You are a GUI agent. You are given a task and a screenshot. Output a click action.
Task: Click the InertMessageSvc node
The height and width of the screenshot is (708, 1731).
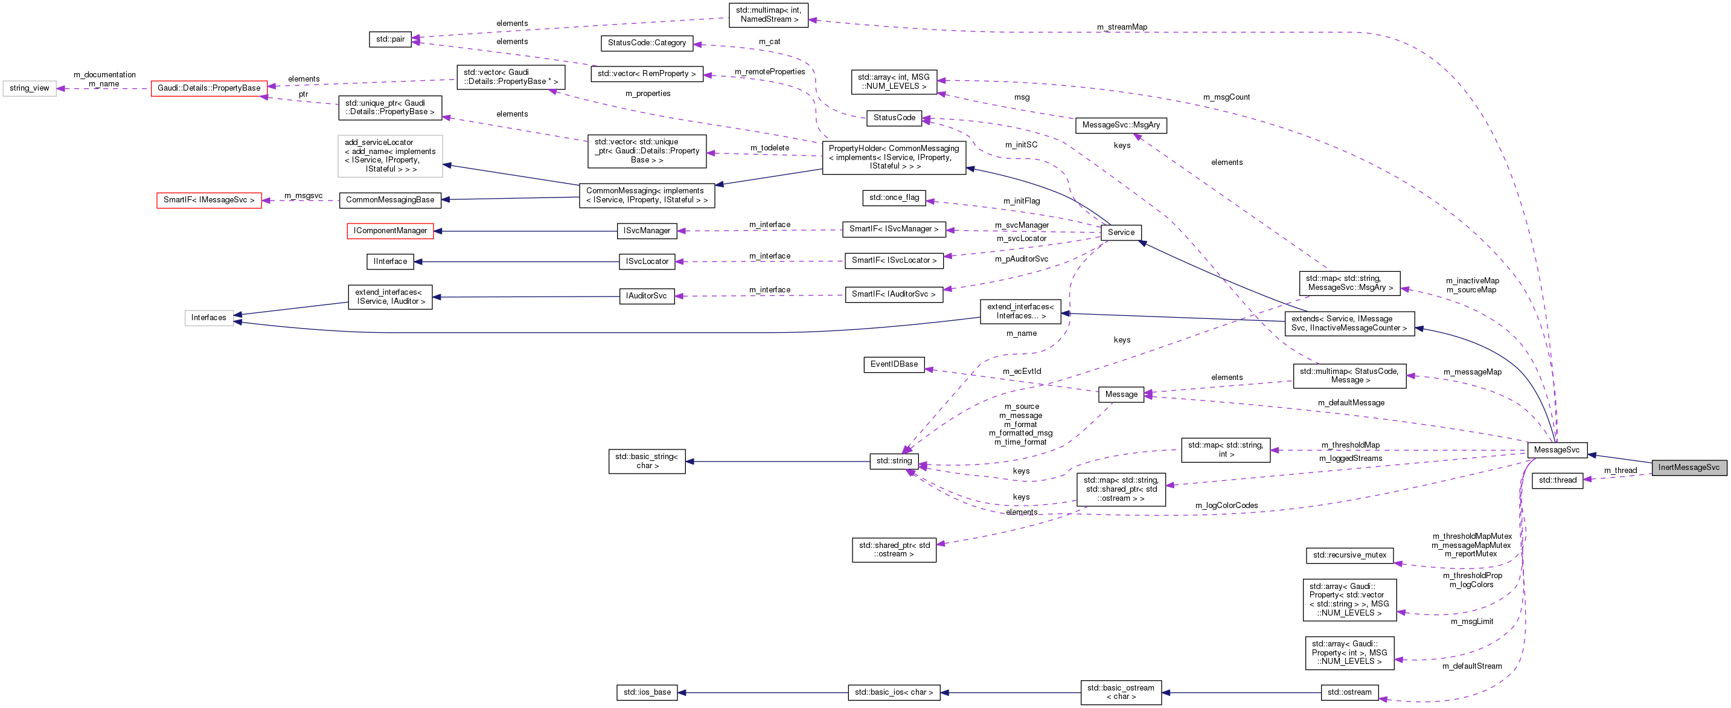coord(1688,468)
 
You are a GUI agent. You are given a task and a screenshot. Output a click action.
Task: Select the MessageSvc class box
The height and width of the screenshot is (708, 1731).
coord(1557,450)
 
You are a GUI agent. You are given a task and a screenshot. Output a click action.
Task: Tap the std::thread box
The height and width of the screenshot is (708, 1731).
coord(1557,480)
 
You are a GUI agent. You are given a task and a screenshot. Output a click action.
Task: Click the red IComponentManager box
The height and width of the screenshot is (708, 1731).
coord(390,231)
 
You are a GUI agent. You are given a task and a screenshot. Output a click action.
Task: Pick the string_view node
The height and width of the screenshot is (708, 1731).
coord(30,88)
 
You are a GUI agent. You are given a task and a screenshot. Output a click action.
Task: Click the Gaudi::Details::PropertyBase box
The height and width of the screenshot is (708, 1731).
coord(209,88)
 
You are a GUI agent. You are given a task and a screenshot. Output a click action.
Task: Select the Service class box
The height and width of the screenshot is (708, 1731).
coord(1120,233)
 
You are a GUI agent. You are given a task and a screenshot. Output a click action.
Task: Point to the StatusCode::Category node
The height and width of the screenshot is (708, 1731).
coord(647,43)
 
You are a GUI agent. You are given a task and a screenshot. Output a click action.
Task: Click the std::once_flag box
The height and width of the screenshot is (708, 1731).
coord(894,198)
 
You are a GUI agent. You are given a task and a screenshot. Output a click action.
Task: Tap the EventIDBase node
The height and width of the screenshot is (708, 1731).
coord(894,364)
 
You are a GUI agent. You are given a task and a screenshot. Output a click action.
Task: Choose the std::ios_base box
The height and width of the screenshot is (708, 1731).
coord(647,692)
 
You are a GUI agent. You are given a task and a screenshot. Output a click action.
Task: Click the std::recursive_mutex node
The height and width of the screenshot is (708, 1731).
coord(1349,555)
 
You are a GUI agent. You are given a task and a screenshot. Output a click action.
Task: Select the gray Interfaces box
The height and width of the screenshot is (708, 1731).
coord(208,318)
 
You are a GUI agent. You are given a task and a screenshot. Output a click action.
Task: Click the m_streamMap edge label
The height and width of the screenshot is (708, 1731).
coord(1122,27)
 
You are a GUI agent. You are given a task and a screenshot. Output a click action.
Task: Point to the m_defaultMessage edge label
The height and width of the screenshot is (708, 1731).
coord(1351,403)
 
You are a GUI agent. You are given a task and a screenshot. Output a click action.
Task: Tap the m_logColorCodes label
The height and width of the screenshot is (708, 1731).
coord(1226,506)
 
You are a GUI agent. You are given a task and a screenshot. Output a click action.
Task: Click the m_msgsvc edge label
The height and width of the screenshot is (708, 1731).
coord(303,196)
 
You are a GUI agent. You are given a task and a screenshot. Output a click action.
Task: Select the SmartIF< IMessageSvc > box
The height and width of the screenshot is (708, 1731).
coord(209,201)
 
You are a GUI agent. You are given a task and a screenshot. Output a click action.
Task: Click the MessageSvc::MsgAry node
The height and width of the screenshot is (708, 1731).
coord(1120,125)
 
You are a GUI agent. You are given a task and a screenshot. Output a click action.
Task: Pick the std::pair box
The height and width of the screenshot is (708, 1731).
coord(390,40)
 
